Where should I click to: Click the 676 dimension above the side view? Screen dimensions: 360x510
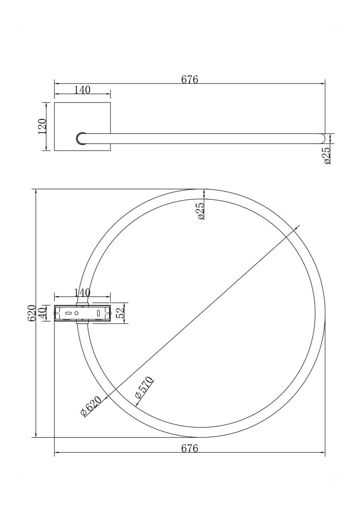(190, 79)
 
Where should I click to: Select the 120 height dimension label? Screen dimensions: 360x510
(43, 126)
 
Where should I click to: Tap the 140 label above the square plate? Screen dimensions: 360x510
(82, 90)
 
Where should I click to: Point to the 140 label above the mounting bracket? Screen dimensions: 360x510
(82, 292)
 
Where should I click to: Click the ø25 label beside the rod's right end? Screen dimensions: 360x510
(327, 155)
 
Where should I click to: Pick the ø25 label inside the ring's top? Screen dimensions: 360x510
(201, 211)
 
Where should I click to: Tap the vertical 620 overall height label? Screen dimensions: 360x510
(31, 313)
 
